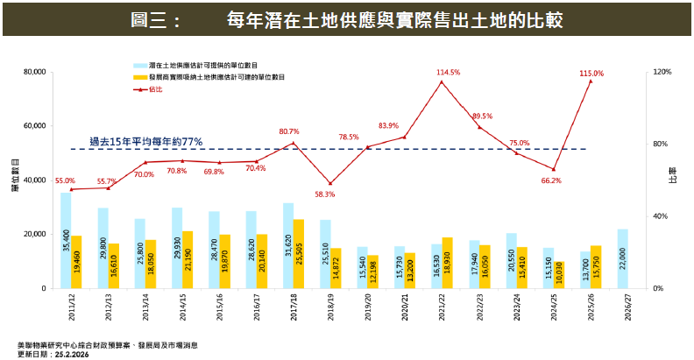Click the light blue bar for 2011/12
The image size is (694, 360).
tap(66, 240)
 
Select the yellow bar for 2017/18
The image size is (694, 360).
tap(299, 253)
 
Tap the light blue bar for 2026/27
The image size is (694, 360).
tap(622, 258)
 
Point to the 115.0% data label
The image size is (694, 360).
tap(591, 74)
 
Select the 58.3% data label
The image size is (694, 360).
tap(325, 194)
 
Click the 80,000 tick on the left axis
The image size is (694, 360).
tap(32, 72)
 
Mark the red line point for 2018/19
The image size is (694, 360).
tap(330, 183)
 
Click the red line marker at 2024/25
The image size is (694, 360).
tap(554, 169)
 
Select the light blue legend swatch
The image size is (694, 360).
tap(139, 66)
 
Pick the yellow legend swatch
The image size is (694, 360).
tap(139, 77)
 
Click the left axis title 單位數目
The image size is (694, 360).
tap(15, 175)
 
